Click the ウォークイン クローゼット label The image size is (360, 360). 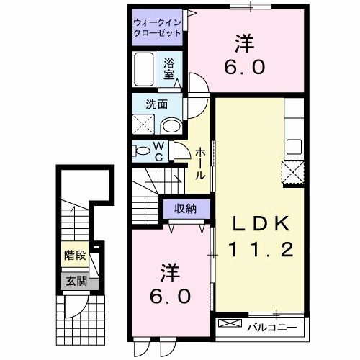coord(157,28)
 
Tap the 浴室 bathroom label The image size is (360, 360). coord(169,68)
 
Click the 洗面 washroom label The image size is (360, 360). coord(157,103)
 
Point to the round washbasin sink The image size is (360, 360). coord(171,125)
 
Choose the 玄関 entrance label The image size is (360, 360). coord(73,280)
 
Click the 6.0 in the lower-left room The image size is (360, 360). coord(170,295)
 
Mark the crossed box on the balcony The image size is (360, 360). coord(231,325)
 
